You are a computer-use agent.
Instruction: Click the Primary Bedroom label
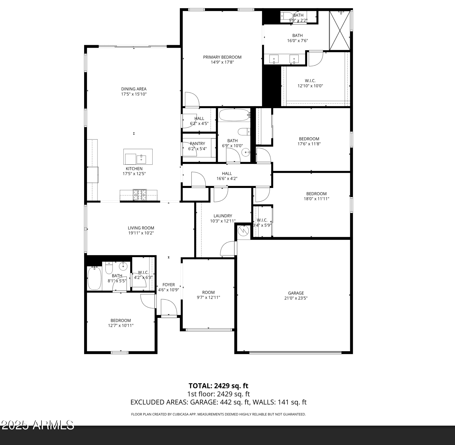click(x=222, y=57)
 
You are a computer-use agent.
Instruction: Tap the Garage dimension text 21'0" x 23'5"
click(x=296, y=298)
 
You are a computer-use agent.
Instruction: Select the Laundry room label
click(x=223, y=216)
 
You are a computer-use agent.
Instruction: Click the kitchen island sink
click(x=141, y=158)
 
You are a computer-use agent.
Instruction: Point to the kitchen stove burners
click(x=140, y=195)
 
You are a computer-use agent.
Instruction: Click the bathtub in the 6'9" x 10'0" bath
click(x=234, y=115)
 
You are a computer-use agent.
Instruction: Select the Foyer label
click(x=169, y=285)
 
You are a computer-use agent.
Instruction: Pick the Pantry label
click(x=197, y=143)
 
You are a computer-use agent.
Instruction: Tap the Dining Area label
click(x=134, y=89)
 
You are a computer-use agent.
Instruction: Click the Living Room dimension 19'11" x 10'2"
click(x=141, y=233)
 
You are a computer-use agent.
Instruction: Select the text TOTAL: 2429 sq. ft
click(x=218, y=386)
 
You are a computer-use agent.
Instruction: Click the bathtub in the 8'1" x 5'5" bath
click(x=94, y=278)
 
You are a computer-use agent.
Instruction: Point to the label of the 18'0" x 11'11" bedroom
click(x=316, y=194)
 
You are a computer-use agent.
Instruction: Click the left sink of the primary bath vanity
click(x=274, y=59)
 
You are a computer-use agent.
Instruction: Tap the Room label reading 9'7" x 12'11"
click(x=208, y=292)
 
